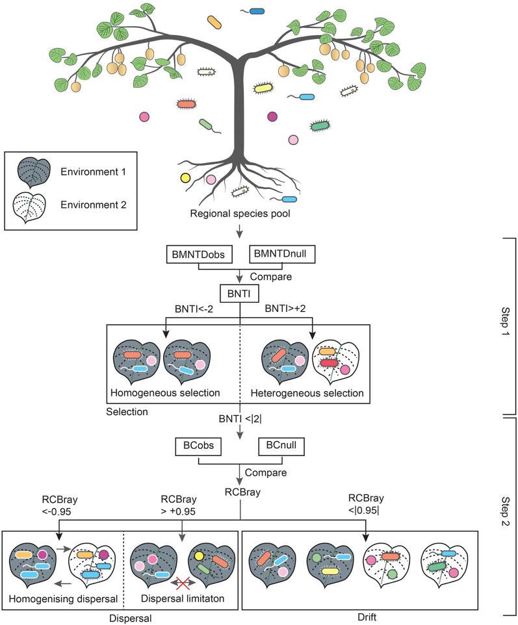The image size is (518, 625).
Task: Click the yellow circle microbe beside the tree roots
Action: pos(185,178)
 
